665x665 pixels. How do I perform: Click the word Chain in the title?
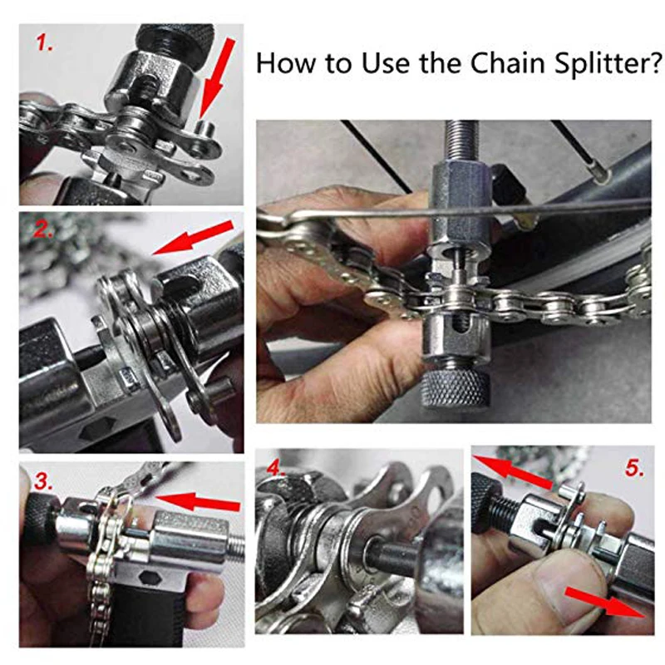tap(508, 63)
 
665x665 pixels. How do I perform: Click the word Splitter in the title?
tap(609, 64)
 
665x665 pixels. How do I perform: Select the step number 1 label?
tap(45, 43)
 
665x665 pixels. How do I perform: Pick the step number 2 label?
tap(44, 229)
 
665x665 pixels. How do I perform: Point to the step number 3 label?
tap(44, 482)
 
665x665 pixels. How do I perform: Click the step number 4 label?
tap(276, 469)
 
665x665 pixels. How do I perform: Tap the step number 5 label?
tap(634, 468)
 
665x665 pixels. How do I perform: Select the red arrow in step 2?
tap(193, 238)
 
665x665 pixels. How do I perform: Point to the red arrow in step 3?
tap(198, 501)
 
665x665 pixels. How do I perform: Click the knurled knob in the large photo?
tap(455, 390)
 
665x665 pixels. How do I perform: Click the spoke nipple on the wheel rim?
tap(598, 174)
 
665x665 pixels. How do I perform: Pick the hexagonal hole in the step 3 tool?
tap(147, 578)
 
